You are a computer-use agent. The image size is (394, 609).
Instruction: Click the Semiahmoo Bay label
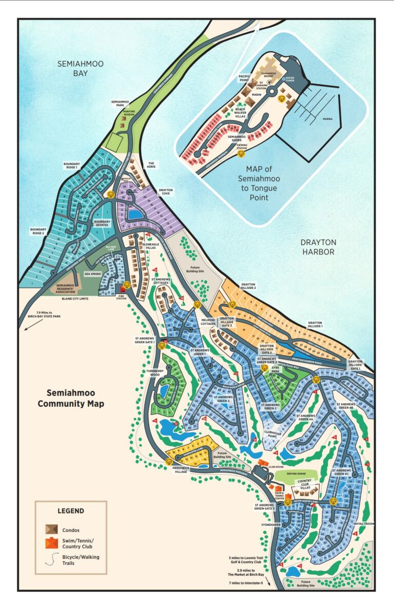click(75, 68)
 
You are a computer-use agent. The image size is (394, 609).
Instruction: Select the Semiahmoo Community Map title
click(75, 399)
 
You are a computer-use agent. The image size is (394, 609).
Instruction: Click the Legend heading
click(71, 511)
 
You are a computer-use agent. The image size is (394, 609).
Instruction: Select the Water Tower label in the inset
click(294, 81)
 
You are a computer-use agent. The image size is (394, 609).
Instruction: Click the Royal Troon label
click(364, 524)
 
